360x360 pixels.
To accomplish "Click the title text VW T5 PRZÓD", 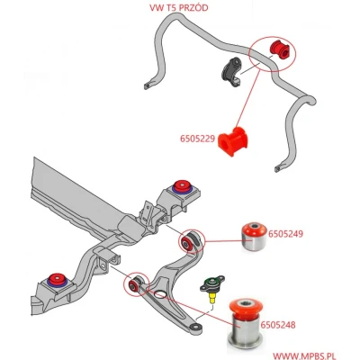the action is pos(179,8).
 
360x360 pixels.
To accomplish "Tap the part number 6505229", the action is pos(197,139).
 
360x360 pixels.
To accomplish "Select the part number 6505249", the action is pos(285,234).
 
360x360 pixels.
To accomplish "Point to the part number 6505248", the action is pos(278,325).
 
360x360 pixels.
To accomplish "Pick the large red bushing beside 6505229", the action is pos(233,141).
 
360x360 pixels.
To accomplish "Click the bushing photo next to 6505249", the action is pos(254,237).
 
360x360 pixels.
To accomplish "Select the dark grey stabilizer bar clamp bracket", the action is pos(231,72).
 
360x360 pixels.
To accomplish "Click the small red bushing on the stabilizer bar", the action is pos(280,49).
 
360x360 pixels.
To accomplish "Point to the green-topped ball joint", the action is pos(212,289).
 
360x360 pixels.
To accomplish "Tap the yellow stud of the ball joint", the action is pos(212,299).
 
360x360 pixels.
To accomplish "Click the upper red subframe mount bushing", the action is pos(182,185).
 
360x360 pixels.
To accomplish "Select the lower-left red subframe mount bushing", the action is pos(57,279).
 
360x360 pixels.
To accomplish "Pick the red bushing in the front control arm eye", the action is pos(133,285).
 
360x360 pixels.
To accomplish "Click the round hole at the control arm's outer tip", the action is pos(196,327).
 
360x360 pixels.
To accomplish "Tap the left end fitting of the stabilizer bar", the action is pos(147,86).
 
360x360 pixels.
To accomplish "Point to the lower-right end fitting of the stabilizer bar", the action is pos(278,168).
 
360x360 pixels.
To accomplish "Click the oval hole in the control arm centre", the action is pos(160,294).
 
